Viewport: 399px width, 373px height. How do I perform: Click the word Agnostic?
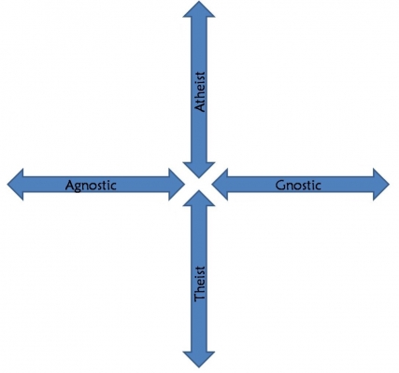(x=91, y=186)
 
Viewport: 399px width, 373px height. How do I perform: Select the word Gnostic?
(x=298, y=186)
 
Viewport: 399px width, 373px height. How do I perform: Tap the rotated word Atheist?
(x=200, y=91)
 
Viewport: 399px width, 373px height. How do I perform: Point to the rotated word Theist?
(x=200, y=283)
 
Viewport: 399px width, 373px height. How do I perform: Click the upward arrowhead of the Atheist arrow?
(x=199, y=9)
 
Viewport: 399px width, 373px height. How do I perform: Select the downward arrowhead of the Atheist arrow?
(x=199, y=170)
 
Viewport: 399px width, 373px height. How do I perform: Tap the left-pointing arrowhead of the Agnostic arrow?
(x=15, y=185)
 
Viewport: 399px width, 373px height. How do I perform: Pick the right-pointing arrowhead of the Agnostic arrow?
(x=177, y=185)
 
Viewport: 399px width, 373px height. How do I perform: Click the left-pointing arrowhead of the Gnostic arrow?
(x=220, y=185)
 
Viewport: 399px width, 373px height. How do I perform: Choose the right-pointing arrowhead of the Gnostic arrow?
(x=381, y=185)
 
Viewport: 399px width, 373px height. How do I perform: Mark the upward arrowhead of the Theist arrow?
(x=199, y=199)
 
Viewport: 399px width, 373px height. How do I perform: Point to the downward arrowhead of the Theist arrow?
(x=199, y=359)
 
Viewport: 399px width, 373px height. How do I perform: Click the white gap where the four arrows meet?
(x=198, y=184)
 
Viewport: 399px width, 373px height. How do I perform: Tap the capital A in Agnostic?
(x=70, y=186)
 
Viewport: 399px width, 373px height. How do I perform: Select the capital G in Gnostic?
(x=280, y=186)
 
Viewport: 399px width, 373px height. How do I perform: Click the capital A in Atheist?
(x=200, y=107)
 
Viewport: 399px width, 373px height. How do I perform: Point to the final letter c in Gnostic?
(x=318, y=186)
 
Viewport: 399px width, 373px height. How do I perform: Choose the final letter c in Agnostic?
(x=113, y=186)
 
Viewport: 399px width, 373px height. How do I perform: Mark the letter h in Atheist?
(x=200, y=93)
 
